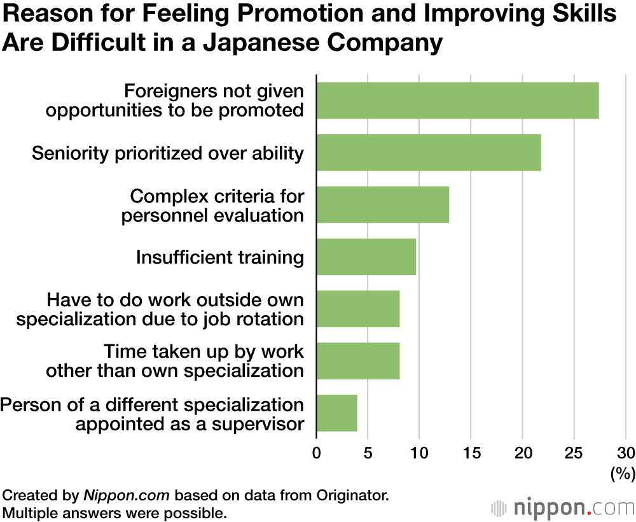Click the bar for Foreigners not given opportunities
click(457, 101)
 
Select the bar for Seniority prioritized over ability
click(429, 153)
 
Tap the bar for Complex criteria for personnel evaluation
click(383, 205)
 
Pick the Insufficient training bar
click(366, 257)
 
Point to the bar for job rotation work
click(358, 309)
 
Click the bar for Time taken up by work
click(358, 361)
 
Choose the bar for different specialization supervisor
click(337, 413)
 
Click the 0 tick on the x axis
click(317, 453)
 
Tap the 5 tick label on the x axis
click(368, 453)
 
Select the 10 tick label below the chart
click(418, 453)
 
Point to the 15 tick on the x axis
click(471, 453)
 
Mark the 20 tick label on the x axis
click(522, 453)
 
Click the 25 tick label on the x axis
click(574, 453)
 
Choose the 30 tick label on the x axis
click(625, 453)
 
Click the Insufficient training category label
click(219, 258)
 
